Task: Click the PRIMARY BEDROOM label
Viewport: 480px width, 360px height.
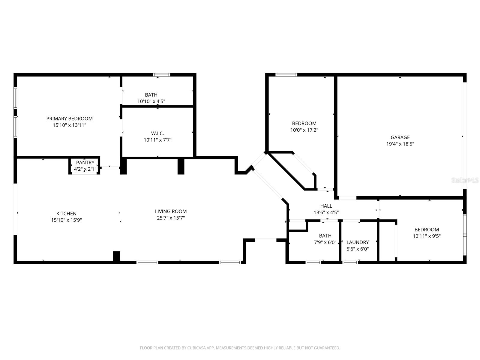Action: click(69, 118)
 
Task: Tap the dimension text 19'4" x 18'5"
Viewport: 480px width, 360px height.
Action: click(400, 144)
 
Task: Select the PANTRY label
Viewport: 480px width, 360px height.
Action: click(85, 163)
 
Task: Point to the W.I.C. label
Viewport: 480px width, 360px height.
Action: click(157, 133)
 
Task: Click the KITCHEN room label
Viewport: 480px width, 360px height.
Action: click(66, 213)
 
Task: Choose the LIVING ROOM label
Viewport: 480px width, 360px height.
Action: click(171, 211)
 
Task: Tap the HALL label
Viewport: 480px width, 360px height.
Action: click(326, 206)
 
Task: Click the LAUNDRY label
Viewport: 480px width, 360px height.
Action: click(358, 242)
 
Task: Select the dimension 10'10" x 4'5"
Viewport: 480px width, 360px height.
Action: click(151, 101)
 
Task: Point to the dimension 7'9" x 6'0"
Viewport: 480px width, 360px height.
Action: click(325, 242)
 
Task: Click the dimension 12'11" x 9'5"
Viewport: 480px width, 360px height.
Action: click(427, 236)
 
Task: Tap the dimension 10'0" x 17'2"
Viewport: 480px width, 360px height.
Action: click(304, 130)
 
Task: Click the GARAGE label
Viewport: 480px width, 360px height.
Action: click(400, 137)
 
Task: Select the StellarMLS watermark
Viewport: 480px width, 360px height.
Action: click(465, 180)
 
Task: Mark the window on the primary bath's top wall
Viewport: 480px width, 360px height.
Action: click(161, 75)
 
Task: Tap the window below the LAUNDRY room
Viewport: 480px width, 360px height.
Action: click(350, 262)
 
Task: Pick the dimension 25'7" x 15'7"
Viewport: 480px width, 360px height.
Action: click(171, 218)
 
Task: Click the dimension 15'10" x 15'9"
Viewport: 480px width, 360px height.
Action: click(66, 220)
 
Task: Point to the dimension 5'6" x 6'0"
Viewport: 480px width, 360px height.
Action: click(358, 249)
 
